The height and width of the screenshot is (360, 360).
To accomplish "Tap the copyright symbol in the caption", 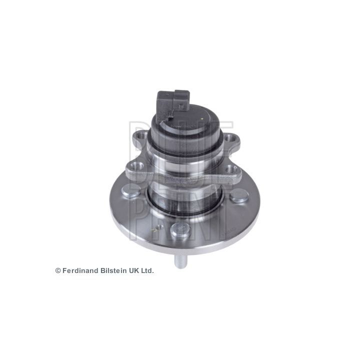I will click(58, 270).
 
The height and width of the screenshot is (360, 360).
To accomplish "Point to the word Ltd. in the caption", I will click(146, 270).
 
